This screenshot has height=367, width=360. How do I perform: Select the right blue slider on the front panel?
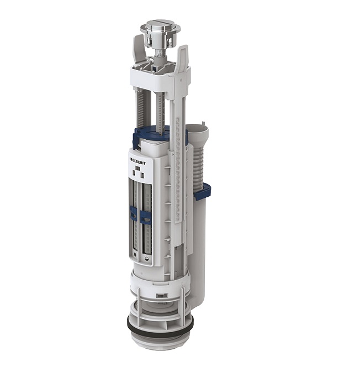coord(145,216)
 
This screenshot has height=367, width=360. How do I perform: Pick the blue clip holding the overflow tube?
coord(203,192)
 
